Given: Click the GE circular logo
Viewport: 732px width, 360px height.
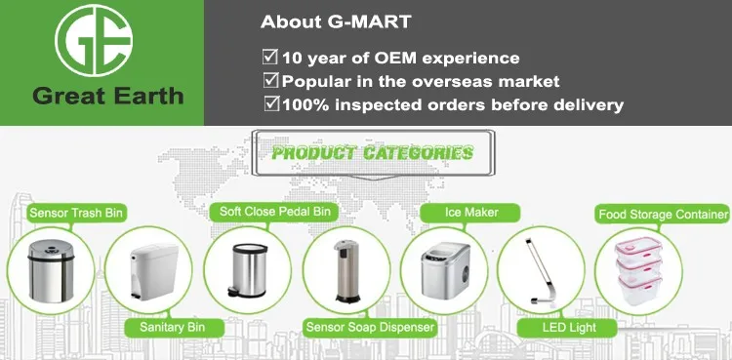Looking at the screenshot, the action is [94, 40].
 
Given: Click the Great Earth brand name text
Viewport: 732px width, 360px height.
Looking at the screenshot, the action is [107, 97].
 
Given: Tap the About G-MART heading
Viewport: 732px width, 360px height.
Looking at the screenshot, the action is [336, 21].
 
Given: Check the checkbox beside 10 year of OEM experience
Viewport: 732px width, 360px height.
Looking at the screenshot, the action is [269, 57].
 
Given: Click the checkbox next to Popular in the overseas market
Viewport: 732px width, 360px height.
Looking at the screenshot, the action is [270, 80].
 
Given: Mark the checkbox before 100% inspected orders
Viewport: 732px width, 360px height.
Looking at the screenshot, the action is [271, 103].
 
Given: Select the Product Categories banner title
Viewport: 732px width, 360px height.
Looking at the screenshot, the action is [372, 153].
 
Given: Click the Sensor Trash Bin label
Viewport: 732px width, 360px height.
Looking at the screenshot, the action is [76, 214].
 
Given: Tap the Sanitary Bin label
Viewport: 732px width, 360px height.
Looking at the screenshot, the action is [172, 327].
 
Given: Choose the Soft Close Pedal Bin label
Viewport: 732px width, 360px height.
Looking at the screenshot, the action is [275, 212].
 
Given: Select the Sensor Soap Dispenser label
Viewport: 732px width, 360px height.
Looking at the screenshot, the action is [370, 327].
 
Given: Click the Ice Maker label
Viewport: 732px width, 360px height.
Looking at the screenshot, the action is [471, 213].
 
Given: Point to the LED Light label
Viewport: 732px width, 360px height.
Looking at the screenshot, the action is [569, 327].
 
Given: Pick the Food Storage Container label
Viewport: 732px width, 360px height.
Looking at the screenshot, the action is [664, 215].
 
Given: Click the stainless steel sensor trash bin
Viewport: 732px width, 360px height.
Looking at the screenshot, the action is [52, 271].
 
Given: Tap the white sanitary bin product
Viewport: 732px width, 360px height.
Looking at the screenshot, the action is [152, 272].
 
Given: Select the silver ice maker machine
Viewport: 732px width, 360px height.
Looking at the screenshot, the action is [445, 269].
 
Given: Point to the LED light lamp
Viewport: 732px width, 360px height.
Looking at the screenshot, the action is [538, 270].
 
